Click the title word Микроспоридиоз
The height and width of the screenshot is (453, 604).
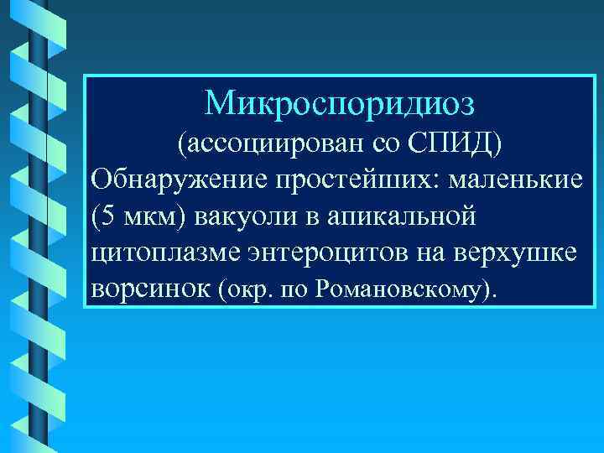(339, 103)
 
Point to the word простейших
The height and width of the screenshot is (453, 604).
(338, 180)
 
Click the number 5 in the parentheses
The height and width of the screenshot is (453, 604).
(105, 216)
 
